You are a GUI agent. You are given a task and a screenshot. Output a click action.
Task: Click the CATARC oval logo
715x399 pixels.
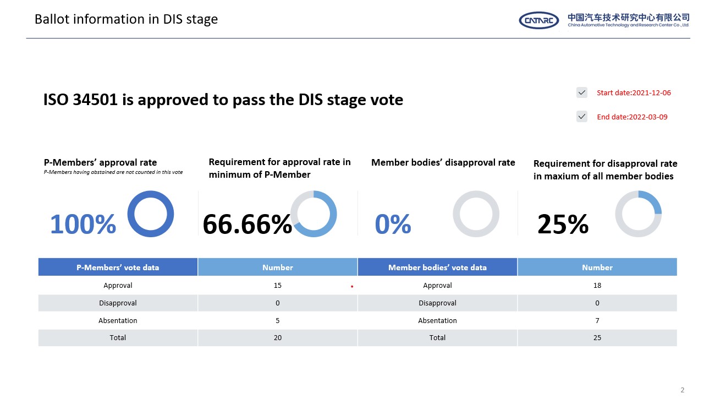click(x=538, y=20)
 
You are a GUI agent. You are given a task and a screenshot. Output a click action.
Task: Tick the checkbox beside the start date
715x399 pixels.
click(x=582, y=92)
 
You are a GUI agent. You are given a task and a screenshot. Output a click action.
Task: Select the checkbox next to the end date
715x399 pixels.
click(x=582, y=117)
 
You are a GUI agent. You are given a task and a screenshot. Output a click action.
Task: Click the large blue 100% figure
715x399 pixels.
click(x=83, y=224)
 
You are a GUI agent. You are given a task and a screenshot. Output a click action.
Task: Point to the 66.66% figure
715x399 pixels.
click(x=247, y=224)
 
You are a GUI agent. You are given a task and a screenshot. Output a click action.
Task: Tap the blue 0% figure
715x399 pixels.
click(x=393, y=224)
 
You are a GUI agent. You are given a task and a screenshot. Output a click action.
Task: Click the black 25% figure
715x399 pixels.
click(x=563, y=224)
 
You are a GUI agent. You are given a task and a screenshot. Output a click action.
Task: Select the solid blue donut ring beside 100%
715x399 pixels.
click(x=151, y=214)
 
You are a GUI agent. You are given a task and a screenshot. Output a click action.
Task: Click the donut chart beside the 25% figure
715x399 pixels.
click(x=638, y=214)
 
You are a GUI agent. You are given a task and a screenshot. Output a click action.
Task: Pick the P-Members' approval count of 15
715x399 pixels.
click(x=278, y=286)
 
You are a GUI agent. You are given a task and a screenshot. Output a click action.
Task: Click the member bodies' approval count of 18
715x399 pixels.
click(x=597, y=286)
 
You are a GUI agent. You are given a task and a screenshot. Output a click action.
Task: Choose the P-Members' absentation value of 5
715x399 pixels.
click(x=278, y=320)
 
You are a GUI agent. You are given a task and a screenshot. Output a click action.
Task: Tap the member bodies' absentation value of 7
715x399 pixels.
click(x=597, y=320)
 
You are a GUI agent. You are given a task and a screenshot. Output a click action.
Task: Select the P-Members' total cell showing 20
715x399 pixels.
click(x=278, y=337)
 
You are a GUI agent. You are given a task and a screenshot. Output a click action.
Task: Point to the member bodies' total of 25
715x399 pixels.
click(x=597, y=337)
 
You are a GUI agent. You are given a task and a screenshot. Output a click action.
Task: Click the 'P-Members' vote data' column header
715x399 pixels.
click(x=118, y=267)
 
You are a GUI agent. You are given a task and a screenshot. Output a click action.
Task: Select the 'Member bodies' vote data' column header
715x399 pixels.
click(x=437, y=267)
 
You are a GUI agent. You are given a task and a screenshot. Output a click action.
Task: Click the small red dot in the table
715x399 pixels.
click(x=351, y=287)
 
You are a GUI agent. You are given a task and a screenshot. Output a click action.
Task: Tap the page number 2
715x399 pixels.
click(x=683, y=390)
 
